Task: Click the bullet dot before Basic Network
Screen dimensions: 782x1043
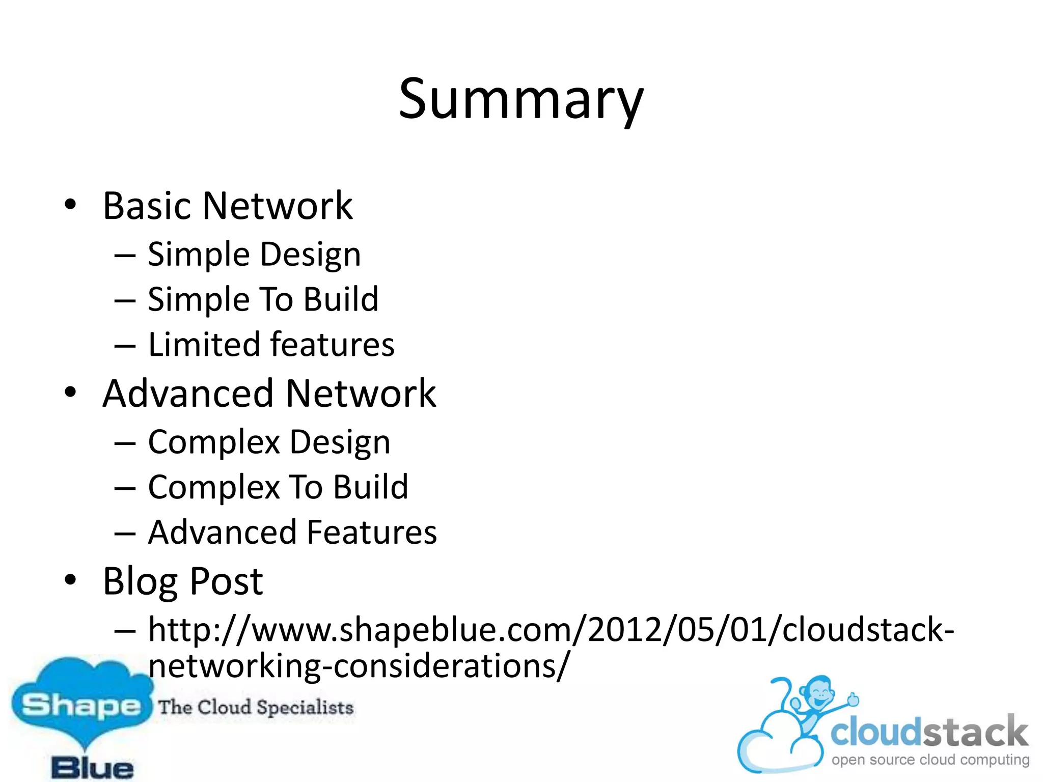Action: tap(70, 205)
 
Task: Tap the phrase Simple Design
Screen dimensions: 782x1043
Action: tap(254, 254)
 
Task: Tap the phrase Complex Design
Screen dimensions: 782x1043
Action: tap(269, 442)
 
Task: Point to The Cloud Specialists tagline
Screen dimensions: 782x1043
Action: tap(256, 707)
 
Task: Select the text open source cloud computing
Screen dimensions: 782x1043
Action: tap(930, 760)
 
